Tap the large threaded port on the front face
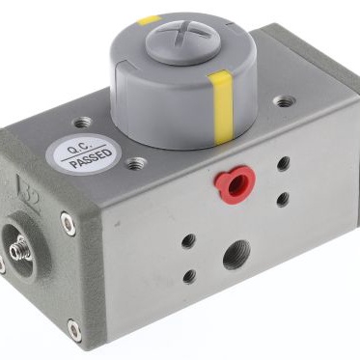pyautogui.click(x=236, y=255)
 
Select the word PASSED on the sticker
pyautogui.click(x=92, y=159)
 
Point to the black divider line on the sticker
pyautogui.click(x=84, y=152)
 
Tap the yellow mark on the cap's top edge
pyautogui.click(x=149, y=20)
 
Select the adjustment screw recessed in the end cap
pyautogui.click(x=21, y=248)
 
